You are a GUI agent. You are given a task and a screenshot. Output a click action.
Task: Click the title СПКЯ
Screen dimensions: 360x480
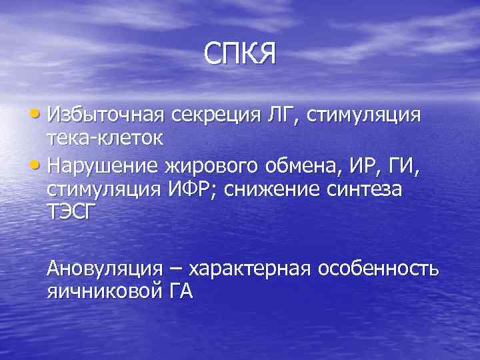(x=239, y=53)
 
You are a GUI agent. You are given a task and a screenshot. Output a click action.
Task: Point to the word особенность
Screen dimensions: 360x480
(x=378, y=269)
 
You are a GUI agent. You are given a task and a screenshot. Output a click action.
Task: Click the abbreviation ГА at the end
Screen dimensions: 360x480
(x=177, y=292)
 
